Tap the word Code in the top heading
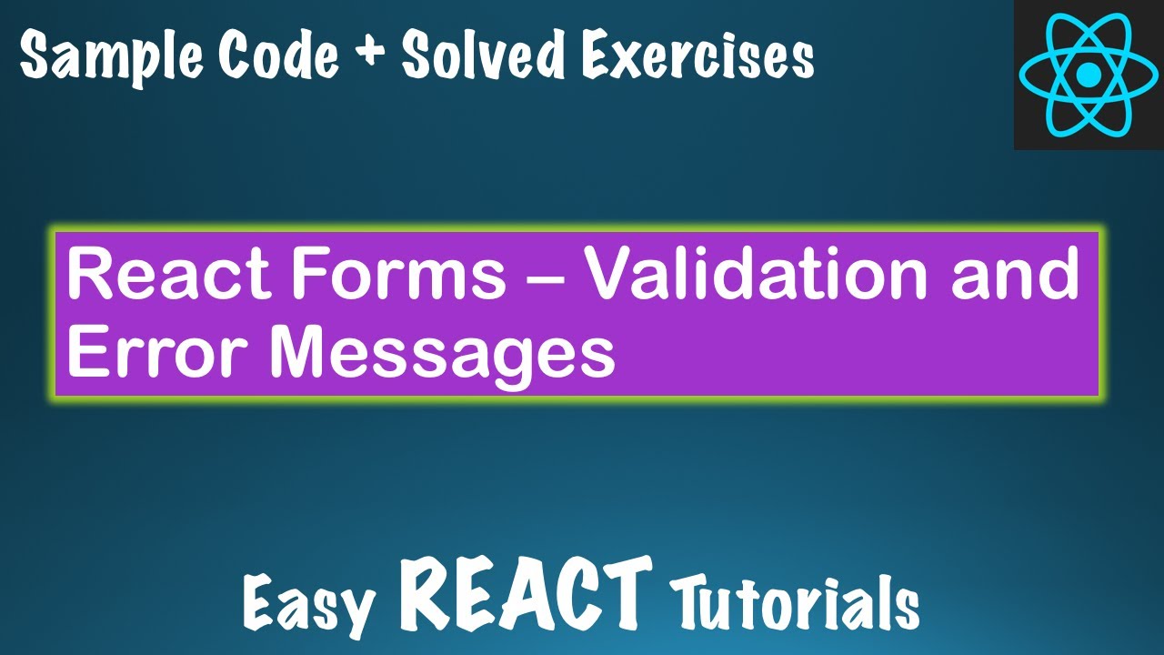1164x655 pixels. coord(279,56)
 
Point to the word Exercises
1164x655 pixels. coord(698,56)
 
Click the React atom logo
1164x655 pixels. coord(1088,74)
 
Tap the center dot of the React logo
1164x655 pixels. coord(1088,75)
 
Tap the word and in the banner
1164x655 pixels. coord(1015,276)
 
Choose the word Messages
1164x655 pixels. coord(441,355)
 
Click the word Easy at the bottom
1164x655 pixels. coord(310,602)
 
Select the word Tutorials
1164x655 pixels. coord(795,600)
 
